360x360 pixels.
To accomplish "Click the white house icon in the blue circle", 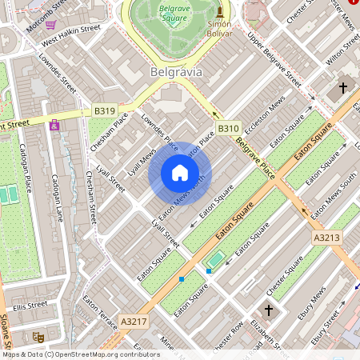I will (x=180, y=173).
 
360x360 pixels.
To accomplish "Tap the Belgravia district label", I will (x=176, y=72).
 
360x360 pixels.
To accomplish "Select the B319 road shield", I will (x=104, y=111).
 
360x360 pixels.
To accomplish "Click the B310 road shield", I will (x=228, y=128).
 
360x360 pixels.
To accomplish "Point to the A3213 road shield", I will (x=326, y=238).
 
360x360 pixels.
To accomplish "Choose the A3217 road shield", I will (x=134, y=321).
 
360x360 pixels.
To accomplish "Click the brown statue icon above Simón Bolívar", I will (x=220, y=11).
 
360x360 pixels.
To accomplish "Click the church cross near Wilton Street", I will (x=343, y=87).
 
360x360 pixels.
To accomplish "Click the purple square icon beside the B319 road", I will (x=54, y=126).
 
